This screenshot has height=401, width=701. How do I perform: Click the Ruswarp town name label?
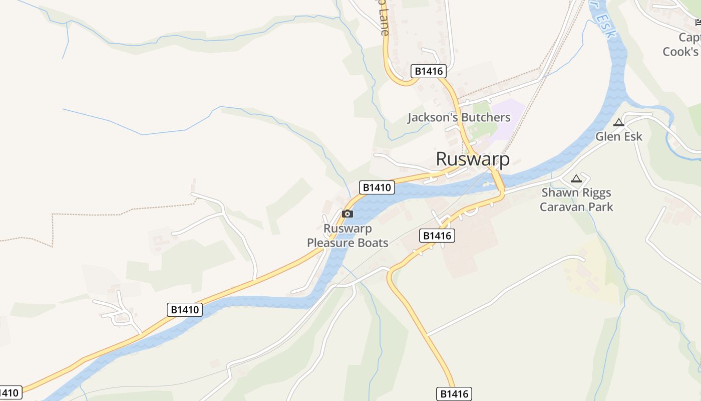pyautogui.click(x=473, y=159)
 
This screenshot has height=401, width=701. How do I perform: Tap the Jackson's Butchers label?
pyautogui.click(x=459, y=117)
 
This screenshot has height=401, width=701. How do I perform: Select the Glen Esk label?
pyautogui.click(x=618, y=136)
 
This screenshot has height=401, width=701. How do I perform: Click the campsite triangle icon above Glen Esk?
pyautogui.click(x=619, y=123)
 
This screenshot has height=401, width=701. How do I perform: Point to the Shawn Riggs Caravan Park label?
pyautogui.click(x=576, y=199)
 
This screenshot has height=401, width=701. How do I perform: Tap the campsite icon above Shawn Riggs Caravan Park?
pyautogui.click(x=576, y=178)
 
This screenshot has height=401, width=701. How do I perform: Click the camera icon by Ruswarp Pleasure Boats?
pyautogui.click(x=347, y=214)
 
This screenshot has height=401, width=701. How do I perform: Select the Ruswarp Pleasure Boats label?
pyautogui.click(x=347, y=236)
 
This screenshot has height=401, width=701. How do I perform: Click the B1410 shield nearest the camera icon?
pyautogui.click(x=377, y=187)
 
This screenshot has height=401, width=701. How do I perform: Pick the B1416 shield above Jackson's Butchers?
pyautogui.click(x=429, y=71)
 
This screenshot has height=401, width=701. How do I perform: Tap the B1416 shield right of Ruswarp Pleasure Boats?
pyautogui.click(x=437, y=236)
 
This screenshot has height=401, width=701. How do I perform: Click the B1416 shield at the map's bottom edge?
pyautogui.click(x=454, y=393)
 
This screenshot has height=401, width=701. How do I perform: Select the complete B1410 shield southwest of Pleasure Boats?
pyautogui.click(x=185, y=310)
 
